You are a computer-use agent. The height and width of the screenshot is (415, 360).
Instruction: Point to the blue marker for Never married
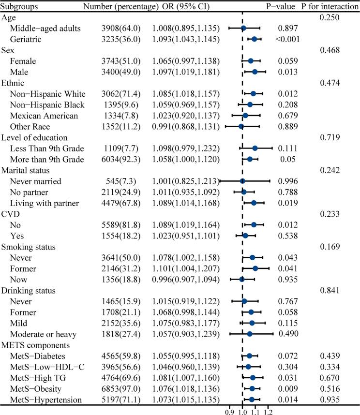(x=242, y=181)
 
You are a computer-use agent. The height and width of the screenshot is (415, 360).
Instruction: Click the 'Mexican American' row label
(x=44, y=115)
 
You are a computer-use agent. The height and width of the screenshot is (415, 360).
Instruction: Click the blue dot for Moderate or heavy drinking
(x=250, y=334)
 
